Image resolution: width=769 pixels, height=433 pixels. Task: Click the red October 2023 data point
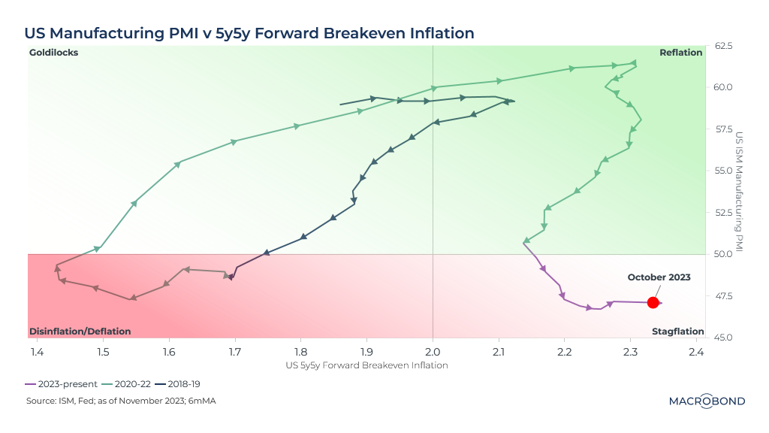653,302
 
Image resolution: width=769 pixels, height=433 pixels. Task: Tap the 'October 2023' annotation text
659,277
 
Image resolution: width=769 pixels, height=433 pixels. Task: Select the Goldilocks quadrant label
53,53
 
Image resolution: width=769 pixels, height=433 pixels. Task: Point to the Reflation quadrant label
680,53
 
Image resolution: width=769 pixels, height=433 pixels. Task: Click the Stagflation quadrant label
677,332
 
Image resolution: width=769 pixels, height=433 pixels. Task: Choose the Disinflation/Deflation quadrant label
80,332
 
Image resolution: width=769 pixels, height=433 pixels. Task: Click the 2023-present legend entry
59,383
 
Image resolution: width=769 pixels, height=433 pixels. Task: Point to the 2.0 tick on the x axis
433,351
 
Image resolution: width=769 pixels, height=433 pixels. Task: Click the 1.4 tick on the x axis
37,351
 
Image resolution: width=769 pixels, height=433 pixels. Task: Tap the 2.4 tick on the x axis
696,351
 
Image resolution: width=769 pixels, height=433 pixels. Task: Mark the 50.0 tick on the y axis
723,254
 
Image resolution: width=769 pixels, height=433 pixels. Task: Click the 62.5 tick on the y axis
723,47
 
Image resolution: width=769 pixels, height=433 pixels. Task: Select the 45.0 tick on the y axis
723,337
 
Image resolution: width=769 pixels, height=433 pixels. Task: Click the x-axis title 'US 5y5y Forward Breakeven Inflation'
366,365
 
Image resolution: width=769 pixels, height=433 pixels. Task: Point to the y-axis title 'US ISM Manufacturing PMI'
740,192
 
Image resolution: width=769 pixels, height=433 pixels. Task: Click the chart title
249,33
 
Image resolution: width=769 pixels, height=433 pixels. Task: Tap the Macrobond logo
707,401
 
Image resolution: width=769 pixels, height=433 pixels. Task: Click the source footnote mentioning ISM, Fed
121,401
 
